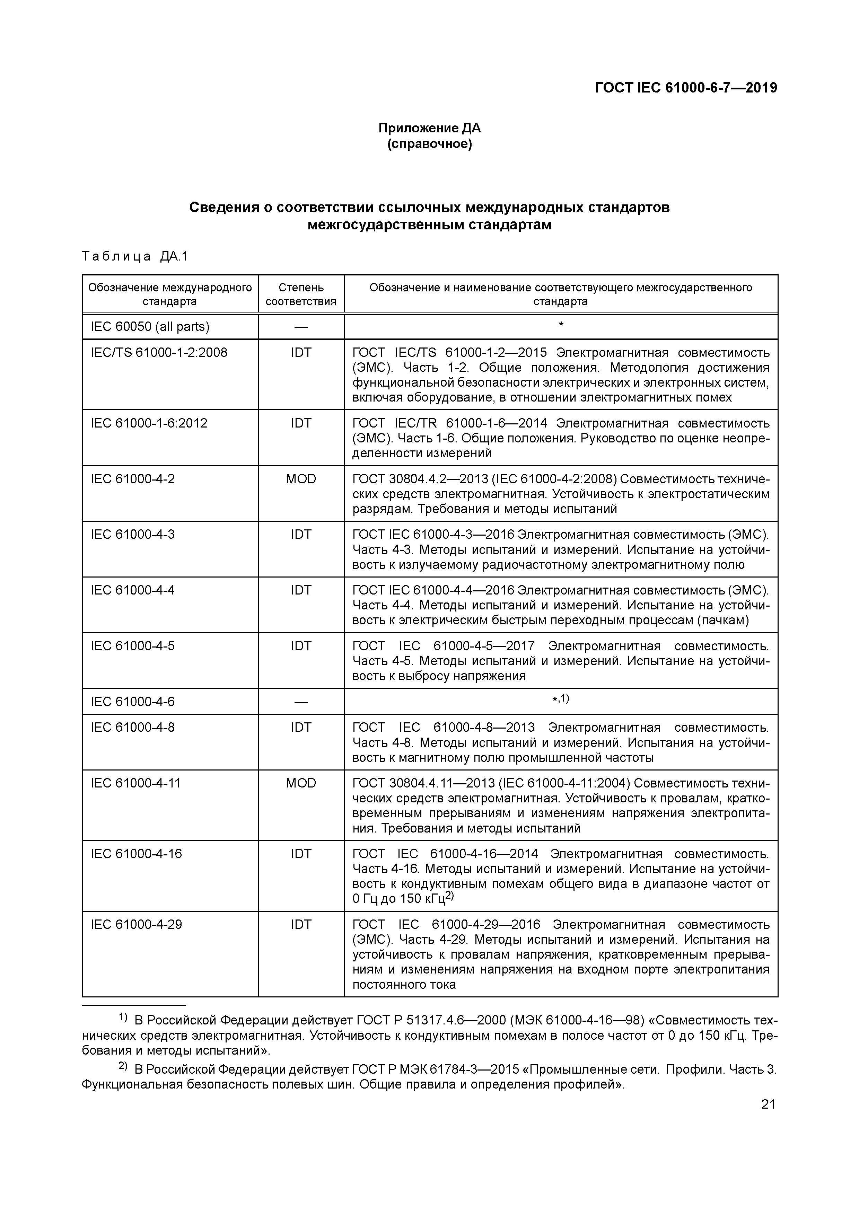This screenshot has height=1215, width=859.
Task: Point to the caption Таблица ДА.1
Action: pyautogui.click(x=135, y=257)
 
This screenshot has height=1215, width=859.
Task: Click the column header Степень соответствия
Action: pyautogui.click(x=301, y=294)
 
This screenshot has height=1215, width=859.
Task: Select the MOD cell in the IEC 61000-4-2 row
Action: pyautogui.click(x=301, y=479)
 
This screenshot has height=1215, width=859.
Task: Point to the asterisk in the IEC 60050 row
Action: pyautogui.click(x=561, y=324)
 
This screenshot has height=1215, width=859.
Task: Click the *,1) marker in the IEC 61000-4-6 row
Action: pyautogui.click(x=561, y=699)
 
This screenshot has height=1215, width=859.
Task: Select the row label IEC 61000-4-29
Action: pyautogui.click(x=137, y=924)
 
